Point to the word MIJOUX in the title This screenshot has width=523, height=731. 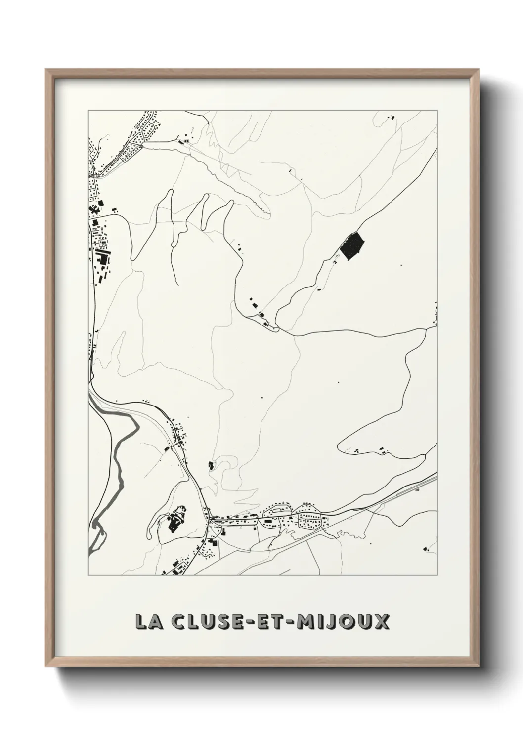[x=341, y=622]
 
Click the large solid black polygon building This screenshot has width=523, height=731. [x=352, y=246]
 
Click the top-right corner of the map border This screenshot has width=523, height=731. [x=437, y=111]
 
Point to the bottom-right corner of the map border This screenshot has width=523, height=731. [x=437, y=575]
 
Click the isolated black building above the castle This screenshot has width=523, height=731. [x=212, y=464]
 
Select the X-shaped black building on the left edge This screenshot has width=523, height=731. [x=94, y=211]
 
